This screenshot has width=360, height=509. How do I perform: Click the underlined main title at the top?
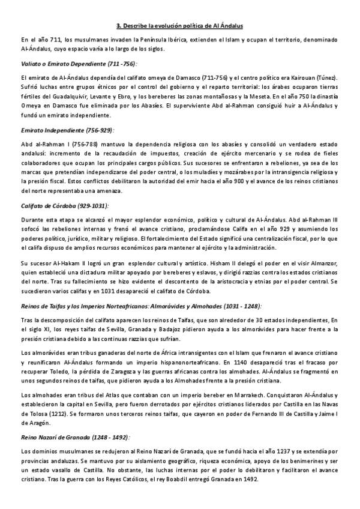(x=179, y=26)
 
